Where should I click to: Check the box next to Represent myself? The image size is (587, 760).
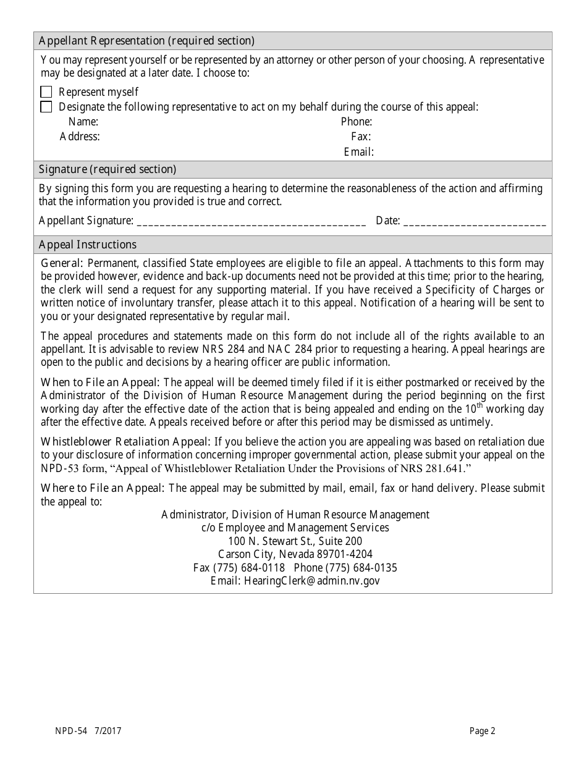tap(46, 92)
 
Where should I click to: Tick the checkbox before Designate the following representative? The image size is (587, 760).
tap(46, 107)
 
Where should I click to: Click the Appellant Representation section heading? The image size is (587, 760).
tap(146, 41)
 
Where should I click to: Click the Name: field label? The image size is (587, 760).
tap(83, 122)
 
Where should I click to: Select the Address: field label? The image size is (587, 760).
tap(80, 137)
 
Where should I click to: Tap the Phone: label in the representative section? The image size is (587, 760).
tap(357, 122)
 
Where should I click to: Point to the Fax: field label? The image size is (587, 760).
tap(361, 137)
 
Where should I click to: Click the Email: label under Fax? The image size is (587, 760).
tap(359, 151)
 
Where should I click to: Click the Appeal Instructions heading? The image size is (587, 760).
tap(88, 245)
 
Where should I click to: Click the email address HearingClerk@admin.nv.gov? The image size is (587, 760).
tap(312, 581)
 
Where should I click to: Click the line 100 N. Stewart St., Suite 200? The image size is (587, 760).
tap(295, 541)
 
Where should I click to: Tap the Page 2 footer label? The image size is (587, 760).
tap(482, 732)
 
